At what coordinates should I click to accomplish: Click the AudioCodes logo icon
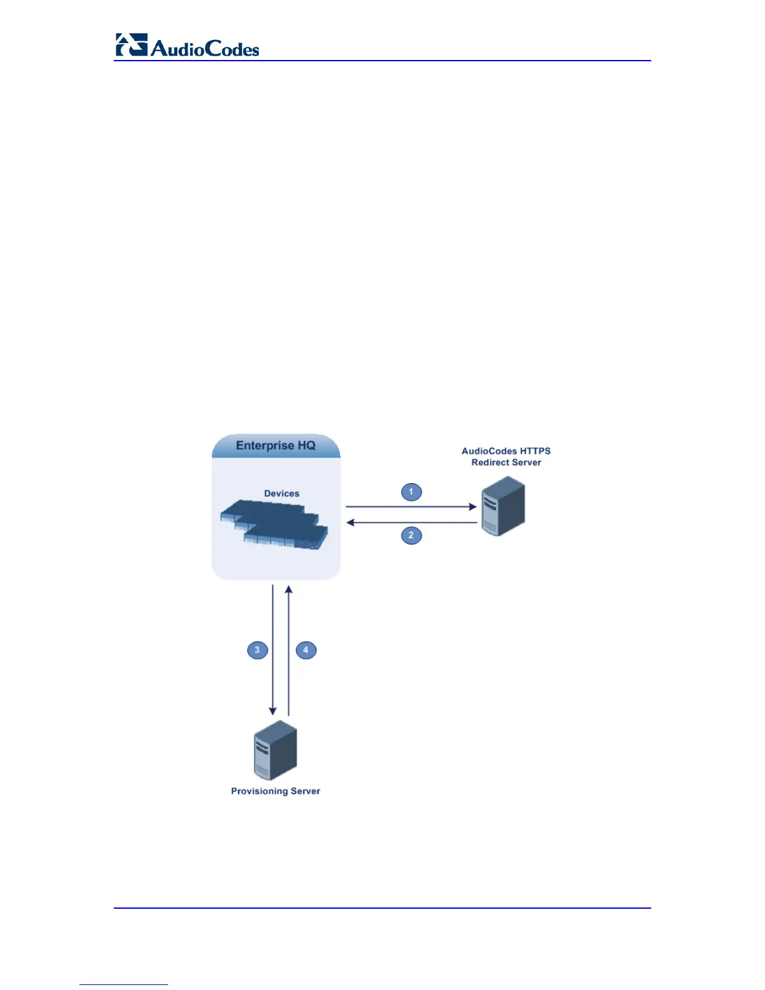tap(131, 45)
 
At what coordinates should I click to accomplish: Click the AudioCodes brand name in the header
tap(205, 49)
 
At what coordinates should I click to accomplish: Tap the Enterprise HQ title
tap(276, 446)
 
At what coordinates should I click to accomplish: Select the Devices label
tap(281, 494)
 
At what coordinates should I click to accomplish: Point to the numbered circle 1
tap(411, 492)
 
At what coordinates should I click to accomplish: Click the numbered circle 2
tap(411, 536)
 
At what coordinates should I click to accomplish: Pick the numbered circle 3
tap(257, 650)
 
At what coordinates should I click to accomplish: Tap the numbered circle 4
tap(306, 650)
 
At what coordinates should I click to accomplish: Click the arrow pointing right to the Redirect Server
tap(411, 507)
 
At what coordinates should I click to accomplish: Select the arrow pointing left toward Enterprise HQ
tap(411, 522)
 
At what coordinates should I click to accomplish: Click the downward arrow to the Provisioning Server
tap(272, 650)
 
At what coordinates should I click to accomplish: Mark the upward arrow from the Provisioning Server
tap(289, 650)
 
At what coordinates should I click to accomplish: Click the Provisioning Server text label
tap(276, 791)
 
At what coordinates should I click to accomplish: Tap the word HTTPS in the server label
tap(535, 451)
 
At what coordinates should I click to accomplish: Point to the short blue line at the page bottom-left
tap(124, 984)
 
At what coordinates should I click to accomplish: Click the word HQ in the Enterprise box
tap(306, 446)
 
